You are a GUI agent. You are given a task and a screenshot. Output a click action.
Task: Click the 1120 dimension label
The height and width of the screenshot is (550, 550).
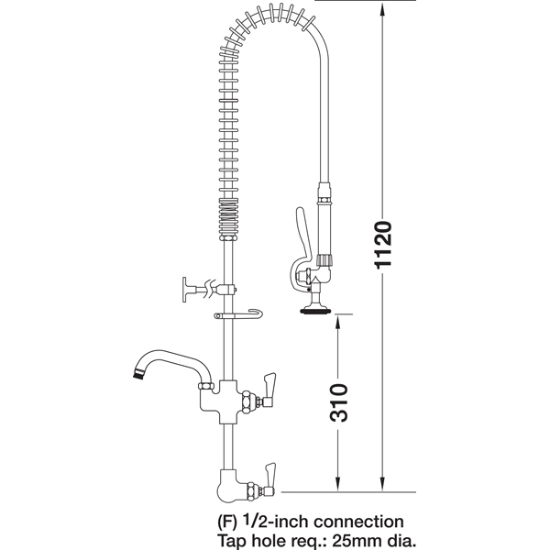[x=382, y=245]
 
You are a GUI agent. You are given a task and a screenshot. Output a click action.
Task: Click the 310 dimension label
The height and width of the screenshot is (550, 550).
[x=339, y=402]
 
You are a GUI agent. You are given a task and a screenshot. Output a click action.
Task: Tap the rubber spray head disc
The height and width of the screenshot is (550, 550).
[x=314, y=311]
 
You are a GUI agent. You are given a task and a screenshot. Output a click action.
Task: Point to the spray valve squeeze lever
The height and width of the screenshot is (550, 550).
[x=301, y=242]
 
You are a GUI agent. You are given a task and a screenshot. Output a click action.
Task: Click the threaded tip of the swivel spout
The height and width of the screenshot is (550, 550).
[x=137, y=374]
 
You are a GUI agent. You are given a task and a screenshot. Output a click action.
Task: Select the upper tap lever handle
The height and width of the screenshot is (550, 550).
[x=269, y=390]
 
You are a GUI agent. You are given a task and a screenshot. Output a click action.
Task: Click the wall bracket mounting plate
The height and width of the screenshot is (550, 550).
[x=185, y=290]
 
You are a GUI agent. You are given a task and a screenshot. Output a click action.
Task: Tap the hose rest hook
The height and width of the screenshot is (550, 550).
[x=238, y=315]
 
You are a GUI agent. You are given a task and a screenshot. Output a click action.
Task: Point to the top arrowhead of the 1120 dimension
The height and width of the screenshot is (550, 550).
[x=382, y=8]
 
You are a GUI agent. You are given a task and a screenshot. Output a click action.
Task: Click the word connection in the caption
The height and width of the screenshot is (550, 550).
[x=358, y=522]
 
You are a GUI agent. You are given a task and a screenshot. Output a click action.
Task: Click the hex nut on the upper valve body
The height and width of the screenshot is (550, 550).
[x=248, y=401]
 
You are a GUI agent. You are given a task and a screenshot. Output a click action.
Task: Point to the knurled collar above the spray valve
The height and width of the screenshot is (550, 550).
[x=324, y=260]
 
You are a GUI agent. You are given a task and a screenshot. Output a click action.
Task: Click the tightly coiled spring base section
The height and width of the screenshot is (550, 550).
[x=228, y=220]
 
